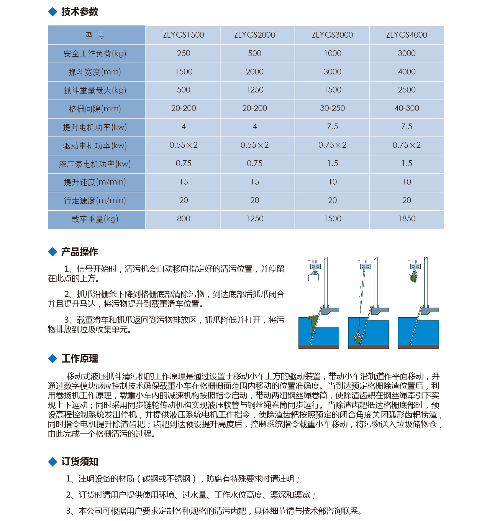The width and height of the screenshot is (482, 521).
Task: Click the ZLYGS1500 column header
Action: (184, 35)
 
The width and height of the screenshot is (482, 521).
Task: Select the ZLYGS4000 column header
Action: (407, 35)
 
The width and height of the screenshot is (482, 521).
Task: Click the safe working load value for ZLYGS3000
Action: (332, 53)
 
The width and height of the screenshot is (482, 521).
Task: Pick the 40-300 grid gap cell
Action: (407, 109)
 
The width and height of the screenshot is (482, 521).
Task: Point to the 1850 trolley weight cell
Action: (407, 219)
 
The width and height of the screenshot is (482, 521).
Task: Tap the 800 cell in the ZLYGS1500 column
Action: (184, 219)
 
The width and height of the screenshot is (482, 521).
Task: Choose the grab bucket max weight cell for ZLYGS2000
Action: (255, 90)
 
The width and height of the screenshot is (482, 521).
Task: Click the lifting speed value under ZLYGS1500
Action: (184, 182)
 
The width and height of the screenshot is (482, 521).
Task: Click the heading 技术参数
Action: (80, 12)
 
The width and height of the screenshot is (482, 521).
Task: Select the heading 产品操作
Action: (80, 252)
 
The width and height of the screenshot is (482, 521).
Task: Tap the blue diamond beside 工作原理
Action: (52, 359)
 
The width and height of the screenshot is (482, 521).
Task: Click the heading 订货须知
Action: (80, 462)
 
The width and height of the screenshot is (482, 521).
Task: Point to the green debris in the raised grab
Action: (413, 278)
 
